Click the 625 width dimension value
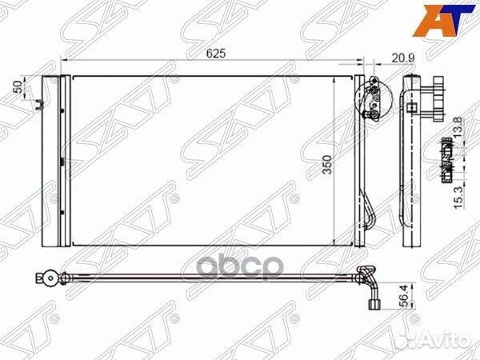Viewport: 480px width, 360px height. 216,54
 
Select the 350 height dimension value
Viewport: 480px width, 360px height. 327,164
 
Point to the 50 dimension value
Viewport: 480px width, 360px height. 18,86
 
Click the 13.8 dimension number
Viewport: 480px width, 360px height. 458,128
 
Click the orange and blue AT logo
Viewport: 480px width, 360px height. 443,20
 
